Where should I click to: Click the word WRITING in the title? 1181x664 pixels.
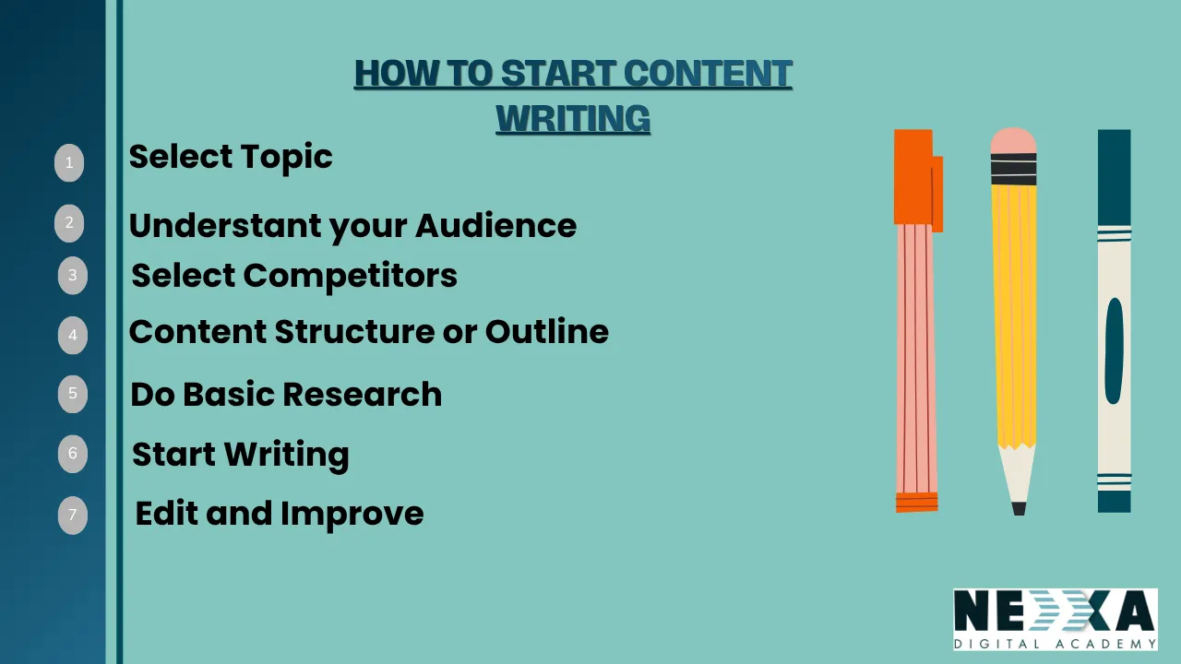[573, 120]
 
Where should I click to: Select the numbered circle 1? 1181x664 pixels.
[69, 163]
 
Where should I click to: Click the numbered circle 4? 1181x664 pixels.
[73, 336]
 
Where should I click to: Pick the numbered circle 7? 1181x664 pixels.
[73, 516]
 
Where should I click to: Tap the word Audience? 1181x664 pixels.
[495, 226]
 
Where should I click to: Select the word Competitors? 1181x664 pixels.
[351, 276]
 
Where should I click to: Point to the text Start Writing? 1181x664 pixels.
[241, 455]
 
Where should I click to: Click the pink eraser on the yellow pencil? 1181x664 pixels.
[1013, 140]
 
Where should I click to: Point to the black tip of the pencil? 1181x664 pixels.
[1019, 508]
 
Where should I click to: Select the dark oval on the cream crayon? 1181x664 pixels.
[1114, 350]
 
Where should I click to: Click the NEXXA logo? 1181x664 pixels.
[1055, 611]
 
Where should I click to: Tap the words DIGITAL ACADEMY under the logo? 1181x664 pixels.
[1055, 644]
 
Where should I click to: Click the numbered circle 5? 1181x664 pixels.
[73, 394]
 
